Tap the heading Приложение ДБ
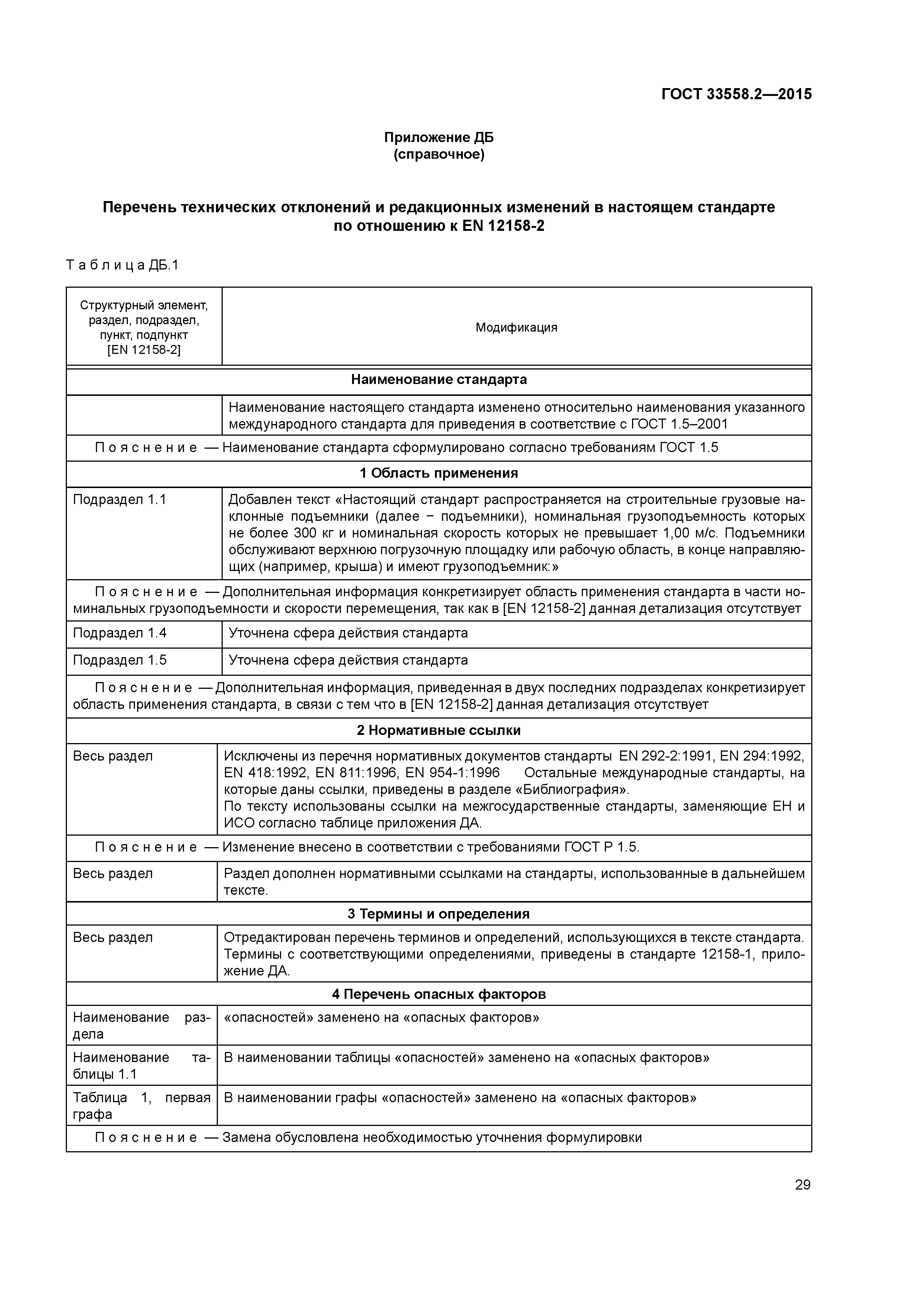(x=439, y=138)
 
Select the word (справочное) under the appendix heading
(x=439, y=155)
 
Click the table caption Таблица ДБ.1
(x=123, y=265)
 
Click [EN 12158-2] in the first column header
(x=144, y=350)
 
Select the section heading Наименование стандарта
(x=439, y=380)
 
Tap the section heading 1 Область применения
(x=439, y=473)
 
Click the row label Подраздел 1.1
(x=119, y=500)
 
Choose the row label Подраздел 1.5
(x=119, y=660)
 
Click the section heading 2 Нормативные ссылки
(x=439, y=730)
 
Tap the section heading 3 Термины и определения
(x=439, y=914)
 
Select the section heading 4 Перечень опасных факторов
(x=439, y=994)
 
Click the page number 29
(x=802, y=1185)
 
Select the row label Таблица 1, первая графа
(x=141, y=1106)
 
